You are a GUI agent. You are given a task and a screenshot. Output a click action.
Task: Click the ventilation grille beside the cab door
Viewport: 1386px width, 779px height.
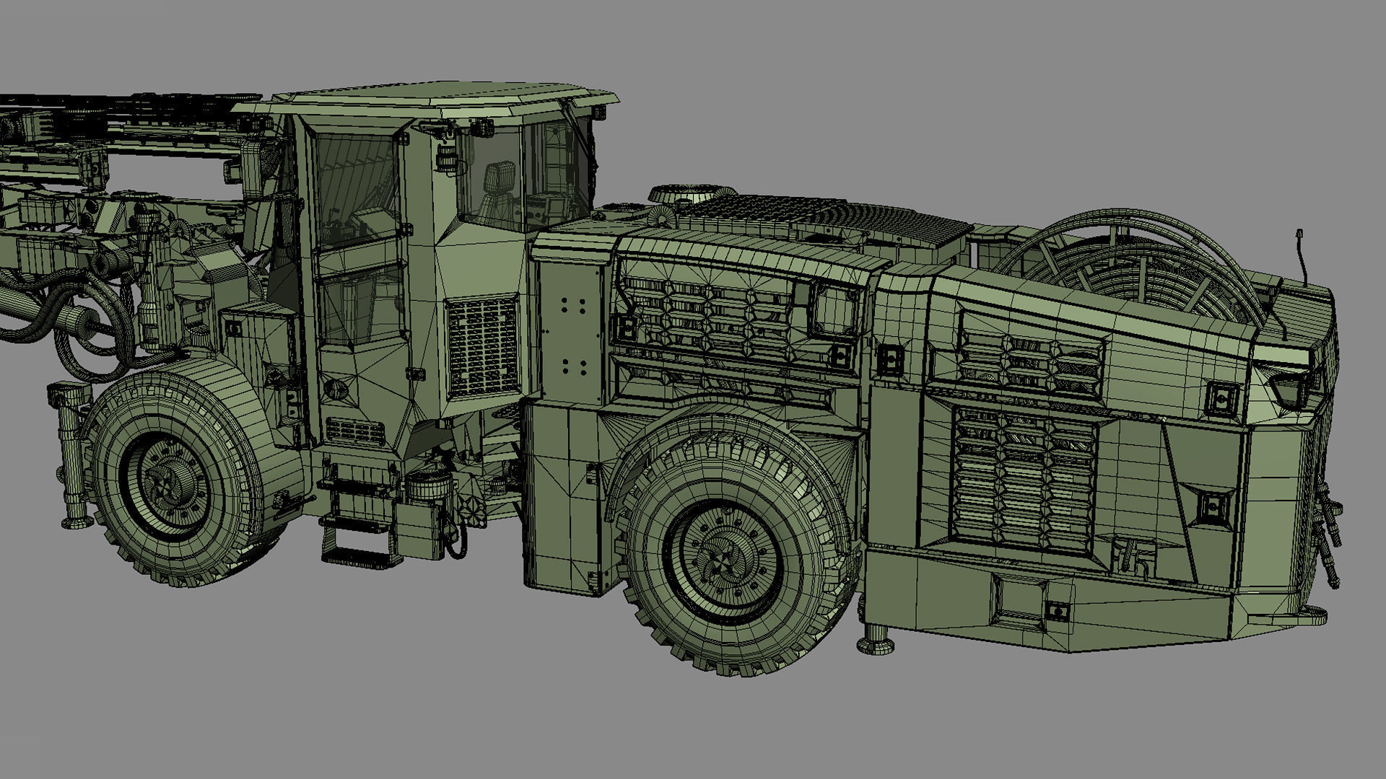point(481,346)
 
